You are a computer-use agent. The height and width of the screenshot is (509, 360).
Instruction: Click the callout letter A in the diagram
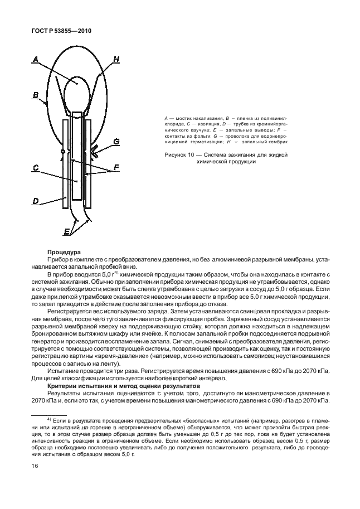point(35,58)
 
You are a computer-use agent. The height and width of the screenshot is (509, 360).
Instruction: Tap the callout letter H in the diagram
point(116,59)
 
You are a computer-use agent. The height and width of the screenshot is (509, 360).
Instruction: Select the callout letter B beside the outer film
point(35,96)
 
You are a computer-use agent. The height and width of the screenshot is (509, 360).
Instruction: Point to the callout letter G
point(116,142)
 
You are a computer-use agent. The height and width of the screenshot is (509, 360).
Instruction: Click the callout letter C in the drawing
point(35,167)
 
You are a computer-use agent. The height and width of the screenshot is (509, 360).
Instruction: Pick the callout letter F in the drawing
point(116,167)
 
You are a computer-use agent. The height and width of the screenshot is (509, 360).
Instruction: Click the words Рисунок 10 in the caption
point(181,155)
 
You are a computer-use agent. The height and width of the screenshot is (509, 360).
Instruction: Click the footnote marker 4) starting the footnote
point(49,418)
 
